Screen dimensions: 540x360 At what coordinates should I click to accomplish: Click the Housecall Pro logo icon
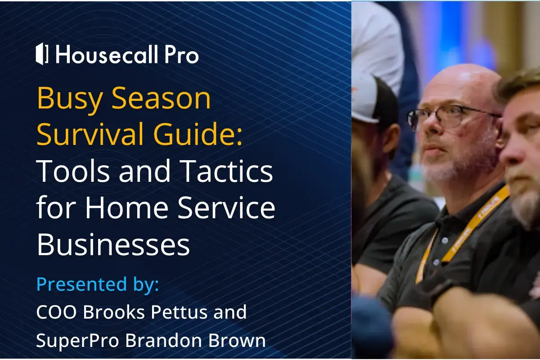tap(42, 54)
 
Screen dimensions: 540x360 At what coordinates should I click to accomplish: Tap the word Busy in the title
tap(70, 99)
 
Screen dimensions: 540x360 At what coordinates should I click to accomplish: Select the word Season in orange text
tap(161, 98)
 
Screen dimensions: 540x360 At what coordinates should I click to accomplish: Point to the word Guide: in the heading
tap(198, 134)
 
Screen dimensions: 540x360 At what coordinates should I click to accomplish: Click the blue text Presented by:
tap(98, 284)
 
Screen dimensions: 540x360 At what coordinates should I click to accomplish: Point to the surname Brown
tap(237, 340)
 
